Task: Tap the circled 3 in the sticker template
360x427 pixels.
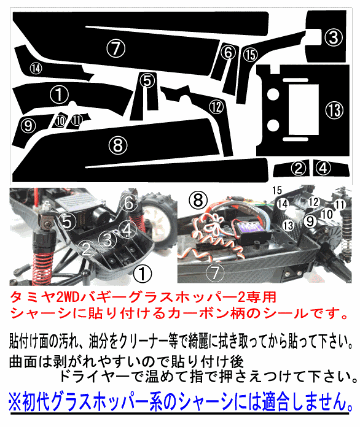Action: pyautogui.click(x=333, y=38)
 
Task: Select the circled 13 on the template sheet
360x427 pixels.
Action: pyautogui.click(x=333, y=108)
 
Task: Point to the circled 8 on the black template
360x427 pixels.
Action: pyautogui.click(x=118, y=145)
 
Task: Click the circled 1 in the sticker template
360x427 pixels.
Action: pyautogui.click(x=59, y=96)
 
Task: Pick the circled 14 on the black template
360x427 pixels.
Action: pyautogui.click(x=36, y=68)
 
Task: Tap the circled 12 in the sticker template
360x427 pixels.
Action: pyautogui.click(x=217, y=104)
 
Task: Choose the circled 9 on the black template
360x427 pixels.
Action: pyautogui.click(x=28, y=125)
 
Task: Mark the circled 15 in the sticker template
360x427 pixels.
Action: pyautogui.click(x=250, y=55)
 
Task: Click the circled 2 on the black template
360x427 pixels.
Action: pyautogui.click(x=298, y=166)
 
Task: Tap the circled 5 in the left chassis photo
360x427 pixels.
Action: pyautogui.click(x=67, y=217)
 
